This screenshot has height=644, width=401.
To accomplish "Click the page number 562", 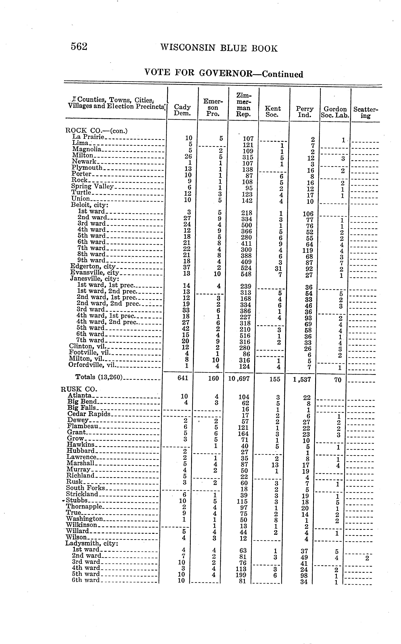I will [x=79, y=47].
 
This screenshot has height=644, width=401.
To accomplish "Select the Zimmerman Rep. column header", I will [x=243, y=105].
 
